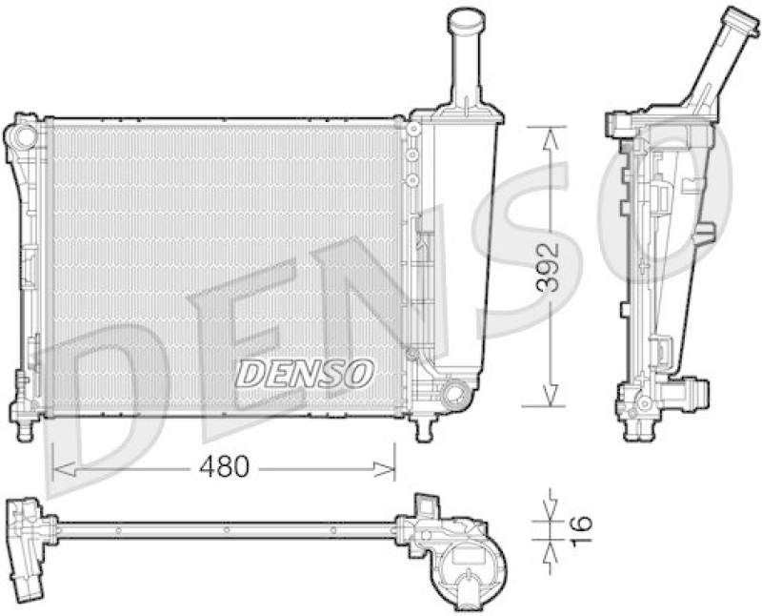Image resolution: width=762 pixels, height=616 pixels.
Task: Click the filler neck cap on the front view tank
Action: tap(466, 19)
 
